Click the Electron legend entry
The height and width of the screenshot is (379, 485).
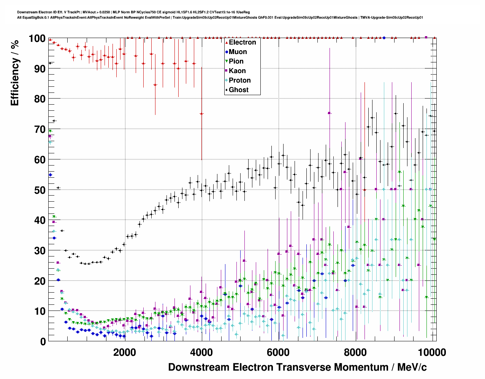pyautogui.click(x=242, y=42)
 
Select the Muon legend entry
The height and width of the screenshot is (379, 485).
pyautogui.click(x=238, y=52)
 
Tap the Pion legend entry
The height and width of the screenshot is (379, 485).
pyautogui.click(x=236, y=61)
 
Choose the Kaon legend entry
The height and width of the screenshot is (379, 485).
pyautogui.click(x=237, y=71)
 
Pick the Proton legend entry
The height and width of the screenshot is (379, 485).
pyautogui.click(x=239, y=80)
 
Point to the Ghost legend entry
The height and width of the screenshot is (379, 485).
pyautogui.click(x=238, y=90)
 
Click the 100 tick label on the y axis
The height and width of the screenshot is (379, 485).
pyautogui.click(x=37, y=38)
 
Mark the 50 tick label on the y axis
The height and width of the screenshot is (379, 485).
pyautogui.click(x=40, y=190)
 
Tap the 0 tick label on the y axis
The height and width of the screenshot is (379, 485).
pyautogui.click(x=43, y=341)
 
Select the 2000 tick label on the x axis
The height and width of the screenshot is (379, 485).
pyautogui.click(x=124, y=352)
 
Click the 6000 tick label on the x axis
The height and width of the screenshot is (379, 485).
pyautogui.click(x=278, y=352)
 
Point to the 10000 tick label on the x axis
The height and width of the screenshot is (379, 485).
pyautogui.click(x=432, y=352)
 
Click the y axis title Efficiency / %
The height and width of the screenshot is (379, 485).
pyautogui.click(x=15, y=72)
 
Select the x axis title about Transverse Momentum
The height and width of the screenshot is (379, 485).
pyautogui.click(x=297, y=367)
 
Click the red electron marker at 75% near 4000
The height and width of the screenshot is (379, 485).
pyautogui.click(x=201, y=114)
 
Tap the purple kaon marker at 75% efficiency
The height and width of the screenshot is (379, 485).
pyautogui.click(x=329, y=113)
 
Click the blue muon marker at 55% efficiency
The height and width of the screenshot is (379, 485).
pyautogui.click(x=50, y=175)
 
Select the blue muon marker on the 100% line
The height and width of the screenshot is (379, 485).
pyautogui.click(x=384, y=38)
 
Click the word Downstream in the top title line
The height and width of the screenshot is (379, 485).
pyautogui.click(x=27, y=12)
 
